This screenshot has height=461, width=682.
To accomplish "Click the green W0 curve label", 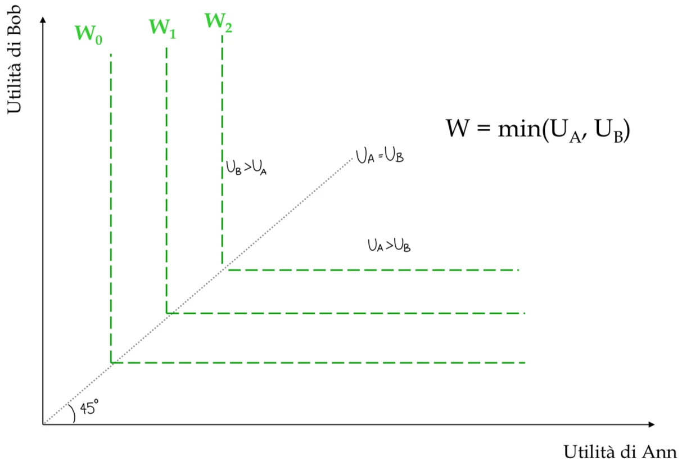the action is click(88, 34).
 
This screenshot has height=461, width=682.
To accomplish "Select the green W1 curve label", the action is click(162, 28).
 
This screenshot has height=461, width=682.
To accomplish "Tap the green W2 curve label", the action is click(218, 22).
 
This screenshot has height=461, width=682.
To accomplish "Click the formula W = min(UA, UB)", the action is click(538, 130).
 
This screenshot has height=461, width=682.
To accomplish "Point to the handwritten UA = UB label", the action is click(380, 156).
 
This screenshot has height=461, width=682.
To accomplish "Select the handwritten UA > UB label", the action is click(389, 245).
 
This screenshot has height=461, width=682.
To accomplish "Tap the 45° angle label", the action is click(89, 407).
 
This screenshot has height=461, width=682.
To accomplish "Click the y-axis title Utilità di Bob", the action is click(14, 60).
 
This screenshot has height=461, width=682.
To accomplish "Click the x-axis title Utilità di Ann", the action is click(620, 451).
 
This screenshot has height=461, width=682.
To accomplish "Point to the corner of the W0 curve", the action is click(111, 363).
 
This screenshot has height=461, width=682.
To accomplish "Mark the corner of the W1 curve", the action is click(166, 313).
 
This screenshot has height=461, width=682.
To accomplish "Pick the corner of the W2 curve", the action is click(223, 270).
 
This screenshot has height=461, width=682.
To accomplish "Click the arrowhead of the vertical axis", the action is click(43, 19).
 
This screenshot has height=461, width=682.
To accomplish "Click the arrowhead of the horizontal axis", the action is click(652, 424).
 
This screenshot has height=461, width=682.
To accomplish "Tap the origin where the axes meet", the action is click(43, 424).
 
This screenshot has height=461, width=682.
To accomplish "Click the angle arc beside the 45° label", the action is click(73, 413).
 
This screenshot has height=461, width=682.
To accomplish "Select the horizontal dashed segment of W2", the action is click(373, 270).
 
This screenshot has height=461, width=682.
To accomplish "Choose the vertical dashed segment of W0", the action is click(111, 208).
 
